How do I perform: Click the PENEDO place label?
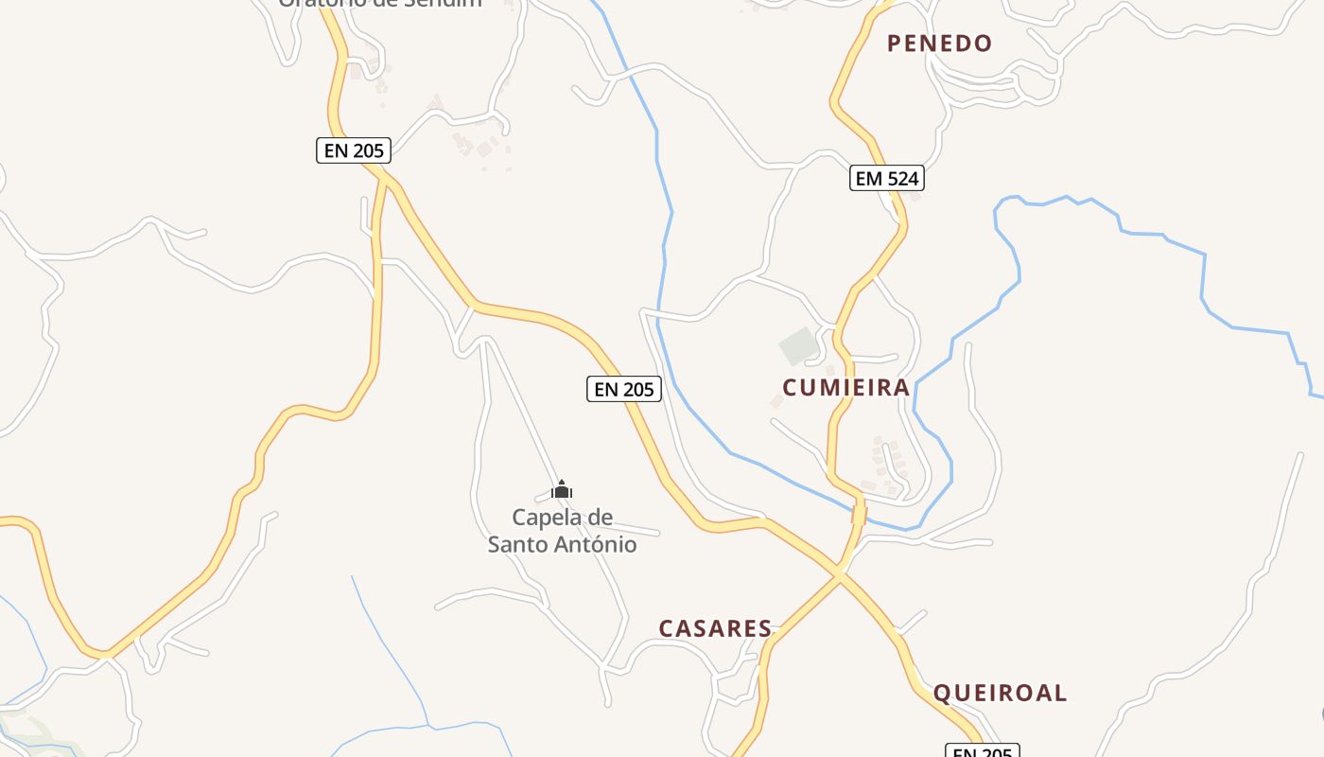tap(939, 43)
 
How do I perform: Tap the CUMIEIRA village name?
tap(845, 387)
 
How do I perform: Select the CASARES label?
tap(715, 628)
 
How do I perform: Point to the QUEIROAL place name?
tap(1000, 693)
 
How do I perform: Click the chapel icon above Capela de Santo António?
tap(562, 489)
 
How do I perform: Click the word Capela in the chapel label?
tap(549, 518)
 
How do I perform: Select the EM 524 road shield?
tap(886, 178)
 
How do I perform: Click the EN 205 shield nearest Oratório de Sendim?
tap(354, 150)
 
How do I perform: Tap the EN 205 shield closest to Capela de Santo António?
tap(623, 388)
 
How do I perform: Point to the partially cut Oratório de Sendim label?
tap(379, 3)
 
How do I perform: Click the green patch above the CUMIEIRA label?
tap(799, 345)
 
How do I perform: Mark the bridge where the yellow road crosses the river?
tap(859, 515)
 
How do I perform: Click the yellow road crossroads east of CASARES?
tap(839, 572)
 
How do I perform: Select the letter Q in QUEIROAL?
tap(942, 694)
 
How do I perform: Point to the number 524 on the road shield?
tap(900, 178)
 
